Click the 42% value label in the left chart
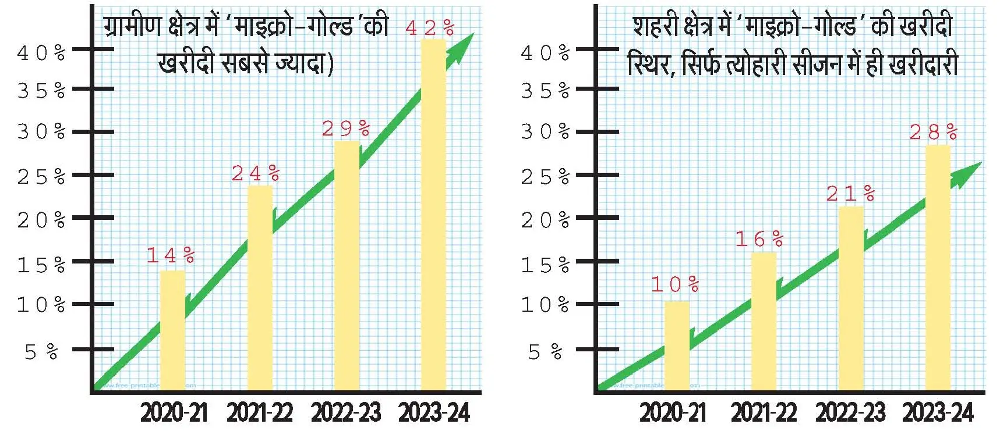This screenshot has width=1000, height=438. (430, 28)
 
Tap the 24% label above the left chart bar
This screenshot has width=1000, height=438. (256, 173)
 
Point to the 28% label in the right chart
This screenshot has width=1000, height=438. (934, 133)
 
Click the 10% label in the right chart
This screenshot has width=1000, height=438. (675, 284)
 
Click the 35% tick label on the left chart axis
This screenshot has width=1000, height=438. (41, 91)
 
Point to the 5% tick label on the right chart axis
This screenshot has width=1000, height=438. (545, 352)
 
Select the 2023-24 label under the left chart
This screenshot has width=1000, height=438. (434, 413)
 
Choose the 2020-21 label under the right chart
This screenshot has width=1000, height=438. (673, 413)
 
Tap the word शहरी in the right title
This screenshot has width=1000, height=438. (653, 27)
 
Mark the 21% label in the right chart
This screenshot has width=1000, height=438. (850, 194)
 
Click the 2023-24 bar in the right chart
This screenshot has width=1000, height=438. (938, 267)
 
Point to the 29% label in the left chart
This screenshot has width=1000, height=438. (346, 129)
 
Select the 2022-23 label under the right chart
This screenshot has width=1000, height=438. (850, 413)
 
